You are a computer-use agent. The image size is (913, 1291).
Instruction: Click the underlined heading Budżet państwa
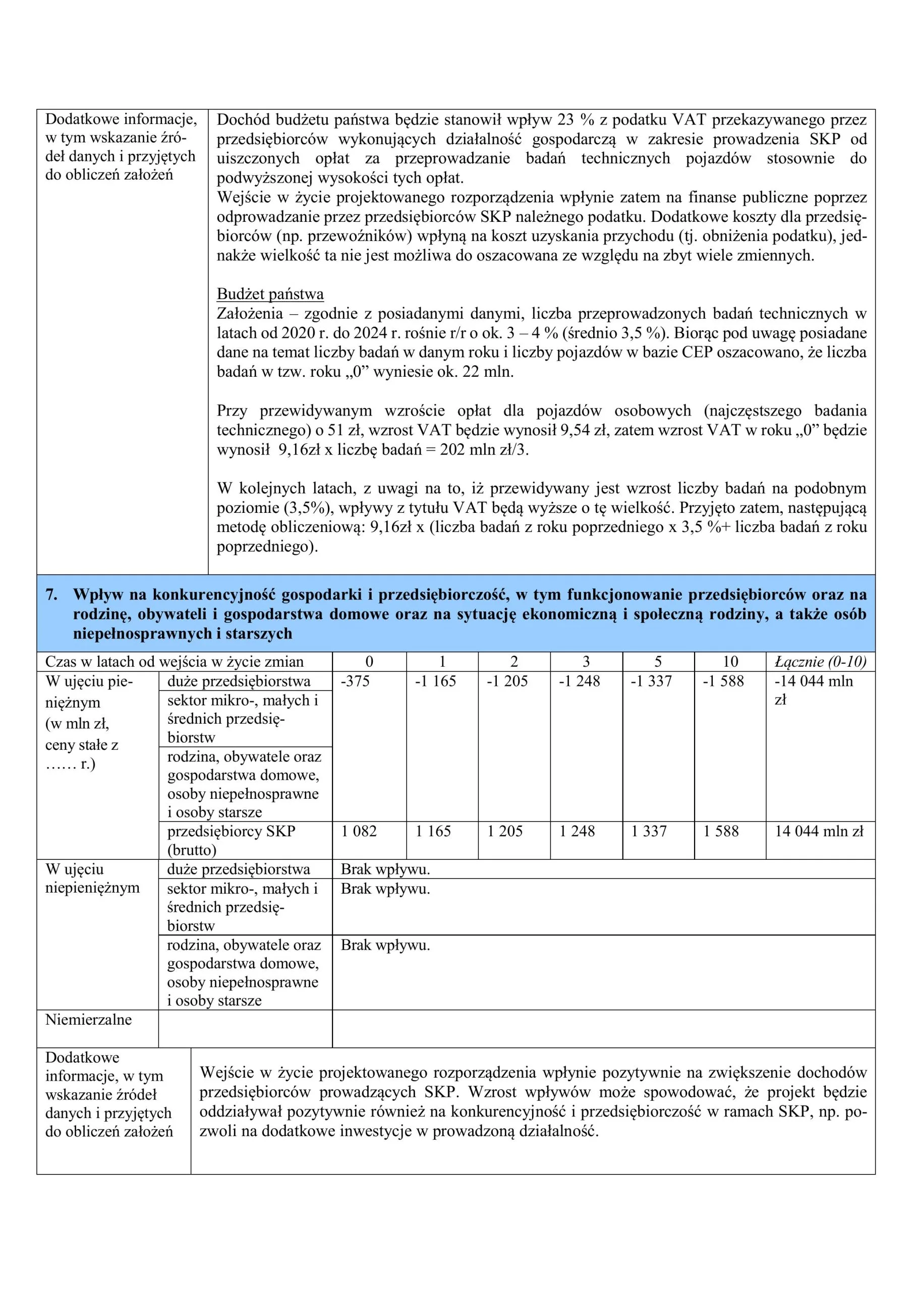pos(270,294)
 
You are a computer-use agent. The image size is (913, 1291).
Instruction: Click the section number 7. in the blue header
pos(52,595)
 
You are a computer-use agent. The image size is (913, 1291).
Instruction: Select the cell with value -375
pos(355,681)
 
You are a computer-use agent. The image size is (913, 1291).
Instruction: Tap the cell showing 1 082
pos(359,831)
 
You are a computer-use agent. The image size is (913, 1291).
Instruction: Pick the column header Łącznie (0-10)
pos(820,662)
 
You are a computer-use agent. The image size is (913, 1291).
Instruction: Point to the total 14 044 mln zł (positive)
pos(819,831)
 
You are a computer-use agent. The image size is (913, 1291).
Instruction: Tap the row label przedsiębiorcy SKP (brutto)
pos(231,840)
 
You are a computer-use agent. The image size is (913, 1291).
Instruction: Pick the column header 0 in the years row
pos(369,662)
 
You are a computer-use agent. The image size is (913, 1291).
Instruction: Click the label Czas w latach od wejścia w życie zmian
pos(175,662)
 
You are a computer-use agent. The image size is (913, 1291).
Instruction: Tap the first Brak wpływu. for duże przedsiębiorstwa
pos(385,869)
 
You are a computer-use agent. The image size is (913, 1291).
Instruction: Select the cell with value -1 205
pos(507,681)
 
